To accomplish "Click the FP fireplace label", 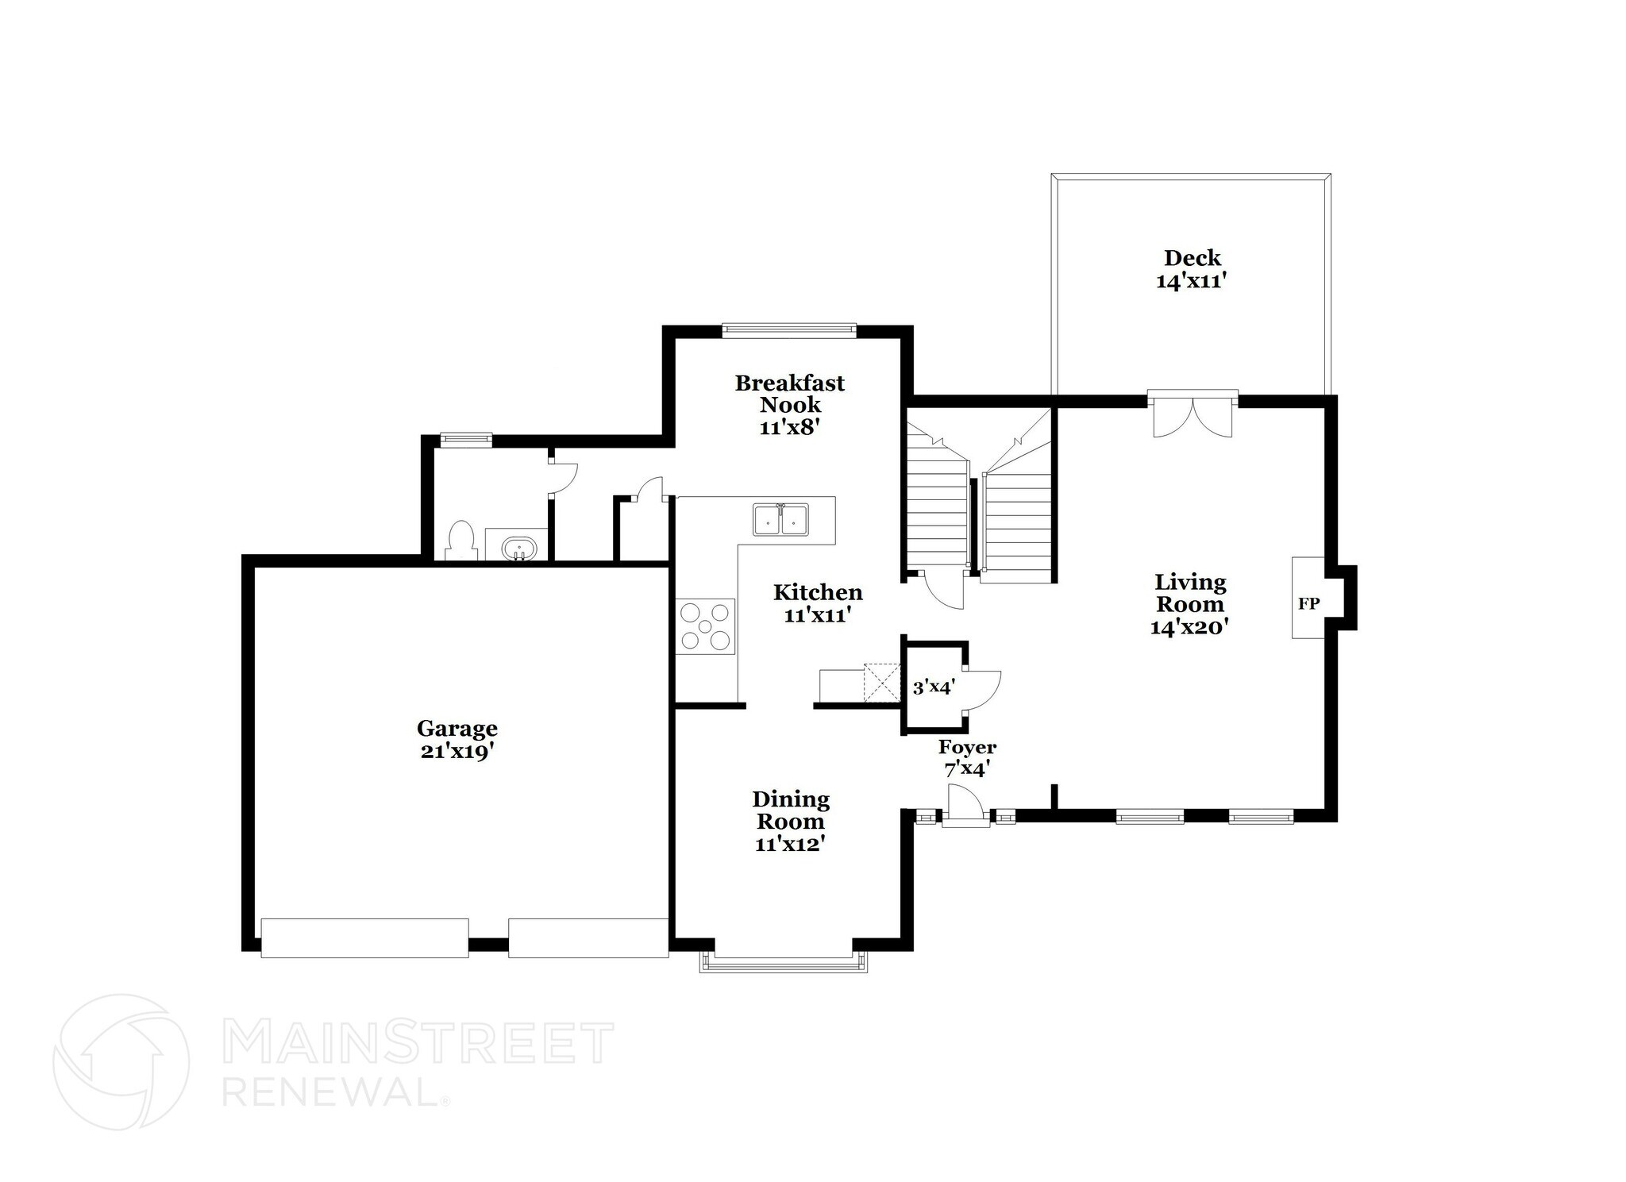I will pos(1308,603).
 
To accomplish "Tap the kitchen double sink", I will pos(780,520).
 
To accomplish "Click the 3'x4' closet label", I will pos(932,687).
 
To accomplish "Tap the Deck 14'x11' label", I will pos(1192,269).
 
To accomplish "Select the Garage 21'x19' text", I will pos(457,739).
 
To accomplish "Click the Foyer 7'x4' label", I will pos(967,757).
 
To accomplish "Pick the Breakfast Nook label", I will pos(789,405).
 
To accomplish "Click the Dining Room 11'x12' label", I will pos(790,821).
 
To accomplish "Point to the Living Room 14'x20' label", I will pos(1189,604).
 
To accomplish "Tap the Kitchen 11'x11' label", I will pos(818,603).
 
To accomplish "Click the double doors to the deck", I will pos(1193,416).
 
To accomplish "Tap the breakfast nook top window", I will pos(788,329).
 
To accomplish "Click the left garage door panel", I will pos(364,938).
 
